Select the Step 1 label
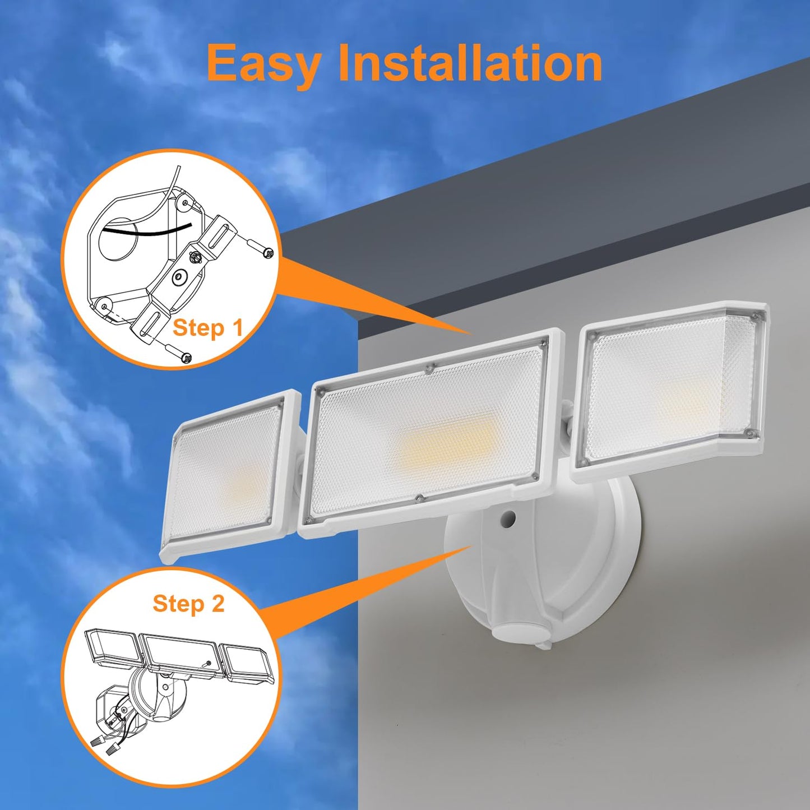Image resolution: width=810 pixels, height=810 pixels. (x=208, y=328)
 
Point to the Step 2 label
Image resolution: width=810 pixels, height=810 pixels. (x=188, y=604)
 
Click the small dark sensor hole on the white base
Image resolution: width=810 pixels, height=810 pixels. (x=509, y=519)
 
